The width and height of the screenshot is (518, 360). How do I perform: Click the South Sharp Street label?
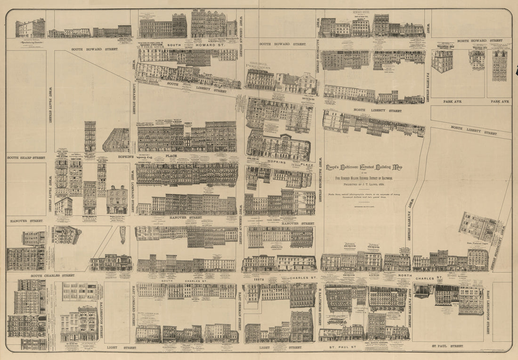pos(26,158)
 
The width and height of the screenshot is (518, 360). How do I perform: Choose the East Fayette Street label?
pos(409,308)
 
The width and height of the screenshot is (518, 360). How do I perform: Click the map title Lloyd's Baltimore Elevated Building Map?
pos(364,167)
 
